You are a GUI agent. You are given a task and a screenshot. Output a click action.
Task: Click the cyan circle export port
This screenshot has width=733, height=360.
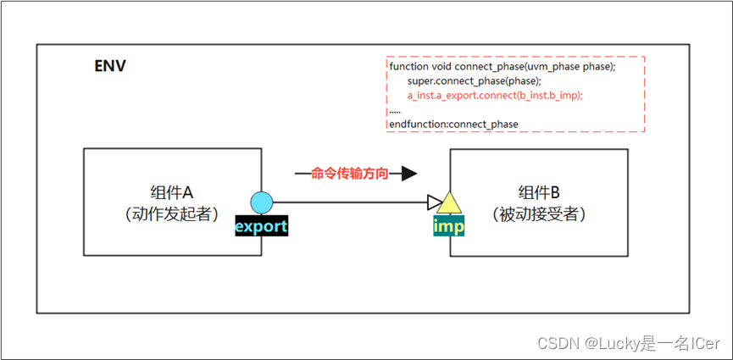tap(262, 202)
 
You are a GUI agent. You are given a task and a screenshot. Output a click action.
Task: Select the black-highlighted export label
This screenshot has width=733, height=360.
tap(261, 226)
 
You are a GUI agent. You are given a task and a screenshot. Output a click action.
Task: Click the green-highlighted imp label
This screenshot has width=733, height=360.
tap(448, 227)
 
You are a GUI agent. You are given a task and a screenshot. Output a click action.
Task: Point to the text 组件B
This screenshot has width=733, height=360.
tap(539, 191)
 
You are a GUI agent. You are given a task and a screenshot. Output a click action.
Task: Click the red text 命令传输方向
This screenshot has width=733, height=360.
tap(350, 174)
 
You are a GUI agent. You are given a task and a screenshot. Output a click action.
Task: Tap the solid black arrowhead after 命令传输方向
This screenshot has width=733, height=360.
tap(408, 174)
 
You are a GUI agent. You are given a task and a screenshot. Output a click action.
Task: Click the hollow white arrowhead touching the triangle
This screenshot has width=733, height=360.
tap(435, 202)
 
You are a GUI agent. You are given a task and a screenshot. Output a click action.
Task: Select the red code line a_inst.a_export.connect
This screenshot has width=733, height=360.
tap(495, 95)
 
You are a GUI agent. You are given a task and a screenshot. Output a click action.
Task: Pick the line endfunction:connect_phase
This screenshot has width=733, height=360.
tap(453, 125)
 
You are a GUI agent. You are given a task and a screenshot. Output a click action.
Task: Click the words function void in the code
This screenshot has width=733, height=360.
tap(420, 66)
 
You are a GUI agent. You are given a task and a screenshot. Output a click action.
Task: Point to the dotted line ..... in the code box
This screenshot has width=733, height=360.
tap(395, 110)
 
